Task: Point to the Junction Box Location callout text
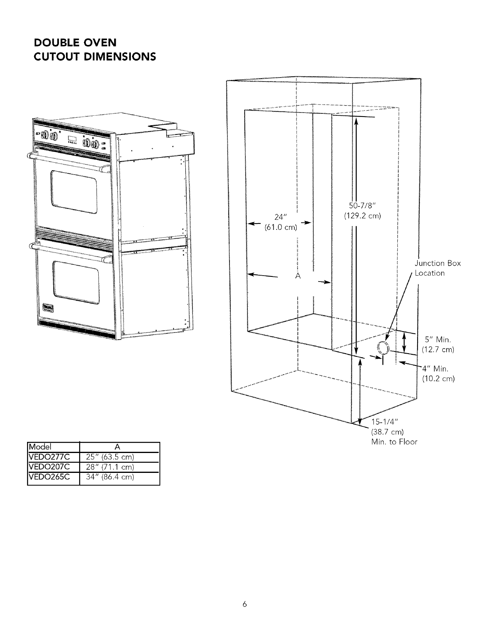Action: pyautogui.click(x=437, y=268)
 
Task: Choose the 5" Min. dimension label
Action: pyautogui.click(x=437, y=340)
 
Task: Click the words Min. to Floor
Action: pyautogui.click(x=394, y=442)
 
